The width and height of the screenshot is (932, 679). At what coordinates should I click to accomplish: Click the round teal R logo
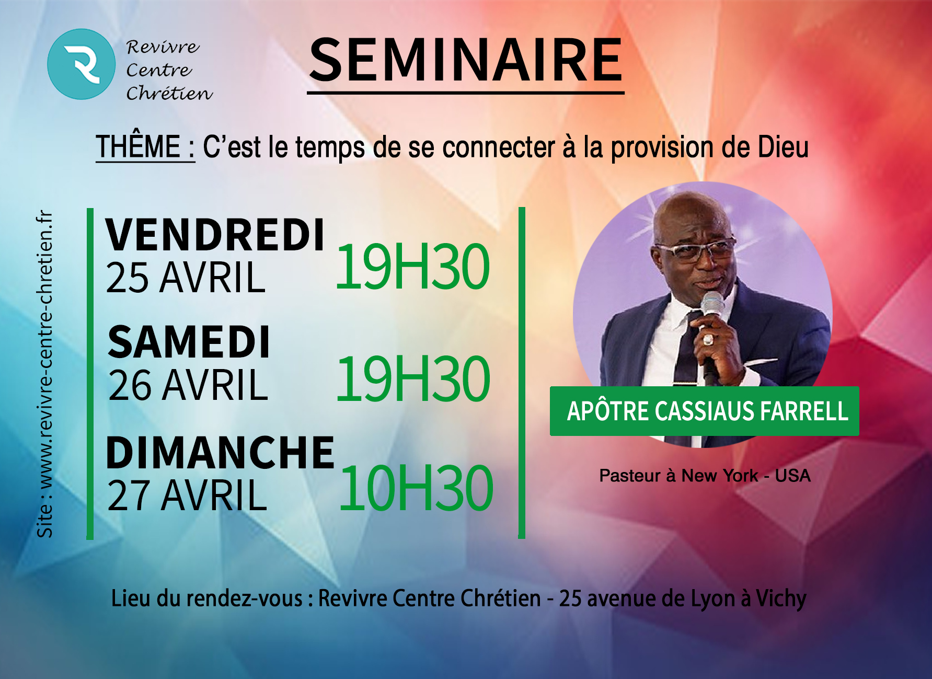[x=81, y=64]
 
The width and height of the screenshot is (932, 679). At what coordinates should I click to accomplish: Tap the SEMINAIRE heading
[x=466, y=61]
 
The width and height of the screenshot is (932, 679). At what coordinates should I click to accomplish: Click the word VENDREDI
[x=215, y=235]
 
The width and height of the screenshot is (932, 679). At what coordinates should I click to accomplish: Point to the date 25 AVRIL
[x=186, y=278]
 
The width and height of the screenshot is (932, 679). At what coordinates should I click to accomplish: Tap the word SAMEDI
[x=189, y=342]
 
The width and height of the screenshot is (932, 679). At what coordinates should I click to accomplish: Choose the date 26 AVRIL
[x=188, y=385]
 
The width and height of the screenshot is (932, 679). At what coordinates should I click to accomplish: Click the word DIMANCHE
[x=220, y=452]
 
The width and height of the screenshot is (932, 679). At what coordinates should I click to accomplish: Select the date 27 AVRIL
[x=187, y=495]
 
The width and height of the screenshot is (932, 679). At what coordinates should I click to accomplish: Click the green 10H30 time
[x=416, y=488]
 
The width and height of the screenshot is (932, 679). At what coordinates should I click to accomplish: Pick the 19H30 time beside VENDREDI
[x=412, y=267]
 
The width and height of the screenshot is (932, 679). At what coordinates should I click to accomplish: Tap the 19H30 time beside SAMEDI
[x=413, y=378]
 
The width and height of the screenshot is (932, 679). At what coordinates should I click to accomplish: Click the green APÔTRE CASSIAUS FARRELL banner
[x=704, y=411]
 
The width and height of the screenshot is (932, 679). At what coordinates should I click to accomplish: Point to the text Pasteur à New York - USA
[x=705, y=476]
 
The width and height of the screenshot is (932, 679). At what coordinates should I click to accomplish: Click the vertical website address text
[x=45, y=374]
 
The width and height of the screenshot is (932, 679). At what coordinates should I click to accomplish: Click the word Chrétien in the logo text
[x=169, y=93]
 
